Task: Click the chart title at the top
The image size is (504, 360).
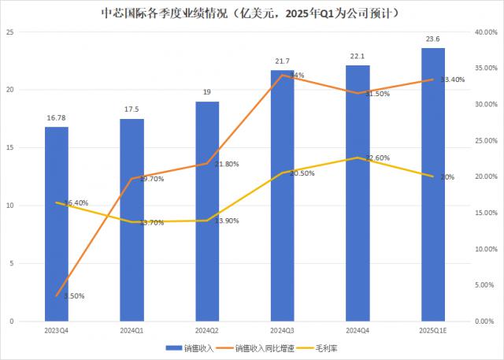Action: [x=253, y=13]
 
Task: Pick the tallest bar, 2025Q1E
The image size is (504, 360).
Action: [x=433, y=184]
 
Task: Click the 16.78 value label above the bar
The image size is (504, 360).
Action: [x=56, y=117]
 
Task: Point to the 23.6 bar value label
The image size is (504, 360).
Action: [x=433, y=39]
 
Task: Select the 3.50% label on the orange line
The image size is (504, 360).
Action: [x=72, y=296]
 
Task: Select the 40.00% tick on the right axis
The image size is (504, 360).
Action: [x=480, y=32]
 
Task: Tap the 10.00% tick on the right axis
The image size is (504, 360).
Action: [x=480, y=249]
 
